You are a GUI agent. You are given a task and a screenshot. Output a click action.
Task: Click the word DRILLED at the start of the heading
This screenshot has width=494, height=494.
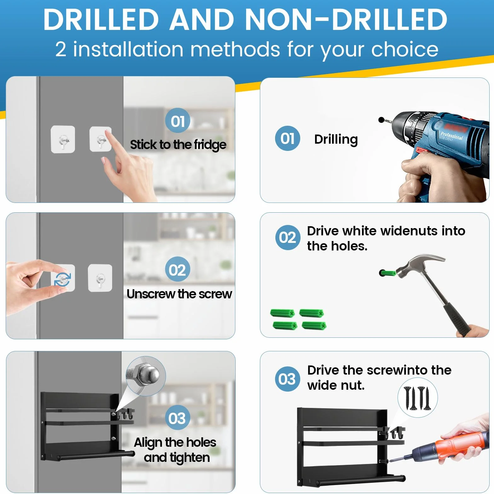(x=101, y=20)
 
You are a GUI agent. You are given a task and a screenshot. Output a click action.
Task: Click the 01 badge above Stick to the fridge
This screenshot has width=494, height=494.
(x=178, y=121)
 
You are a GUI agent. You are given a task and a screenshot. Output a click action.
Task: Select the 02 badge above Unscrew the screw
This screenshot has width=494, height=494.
(x=177, y=270)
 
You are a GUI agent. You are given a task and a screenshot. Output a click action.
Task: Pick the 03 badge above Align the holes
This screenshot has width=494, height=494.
(x=177, y=418)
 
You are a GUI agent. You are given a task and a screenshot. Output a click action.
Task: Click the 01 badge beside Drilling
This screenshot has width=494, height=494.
(x=287, y=138)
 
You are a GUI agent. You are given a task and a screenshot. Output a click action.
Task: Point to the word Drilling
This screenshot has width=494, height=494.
(x=336, y=140)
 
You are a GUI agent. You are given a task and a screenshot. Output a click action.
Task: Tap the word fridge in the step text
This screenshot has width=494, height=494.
(x=210, y=145)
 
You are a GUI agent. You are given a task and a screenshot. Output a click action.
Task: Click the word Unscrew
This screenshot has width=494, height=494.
(x=151, y=294)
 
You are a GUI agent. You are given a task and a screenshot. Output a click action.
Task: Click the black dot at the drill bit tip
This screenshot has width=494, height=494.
(x=381, y=120)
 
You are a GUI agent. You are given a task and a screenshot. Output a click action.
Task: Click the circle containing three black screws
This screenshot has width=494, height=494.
(x=417, y=398)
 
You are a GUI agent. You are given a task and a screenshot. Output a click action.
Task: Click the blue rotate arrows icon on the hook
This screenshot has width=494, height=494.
(x=62, y=279)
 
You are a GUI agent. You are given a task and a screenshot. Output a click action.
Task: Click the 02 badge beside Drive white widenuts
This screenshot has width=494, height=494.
(x=288, y=238)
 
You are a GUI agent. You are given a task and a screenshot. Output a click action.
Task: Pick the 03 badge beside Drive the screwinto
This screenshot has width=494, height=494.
(x=287, y=379)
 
